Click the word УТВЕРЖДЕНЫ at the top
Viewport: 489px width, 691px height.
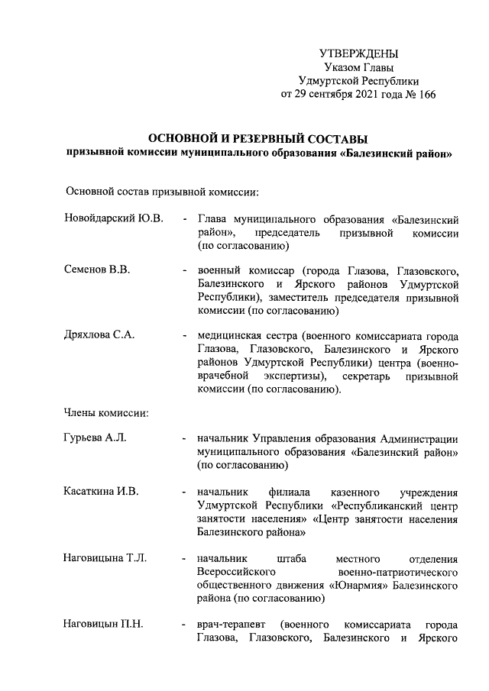coord(358,53)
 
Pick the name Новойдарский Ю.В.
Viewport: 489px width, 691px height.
coord(114,219)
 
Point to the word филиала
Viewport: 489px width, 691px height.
coord(288,490)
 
